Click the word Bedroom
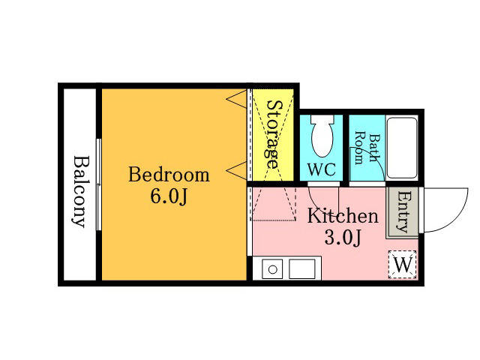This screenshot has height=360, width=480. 169,175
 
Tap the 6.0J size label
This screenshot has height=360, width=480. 169,196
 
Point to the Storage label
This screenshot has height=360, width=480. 273,134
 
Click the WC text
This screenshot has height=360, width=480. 322,169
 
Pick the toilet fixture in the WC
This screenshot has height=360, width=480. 322,135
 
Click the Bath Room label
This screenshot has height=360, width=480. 366,148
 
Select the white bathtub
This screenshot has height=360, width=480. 402,148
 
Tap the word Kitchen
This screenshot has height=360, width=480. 343,216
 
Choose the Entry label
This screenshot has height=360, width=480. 403,211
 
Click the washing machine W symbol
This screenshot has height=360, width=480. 403,265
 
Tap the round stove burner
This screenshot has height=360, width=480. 272,270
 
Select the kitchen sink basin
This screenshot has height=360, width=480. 301,269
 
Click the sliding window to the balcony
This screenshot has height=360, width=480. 98,184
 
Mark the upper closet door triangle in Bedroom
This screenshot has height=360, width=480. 237,98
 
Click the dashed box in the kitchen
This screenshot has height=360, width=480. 273,203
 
